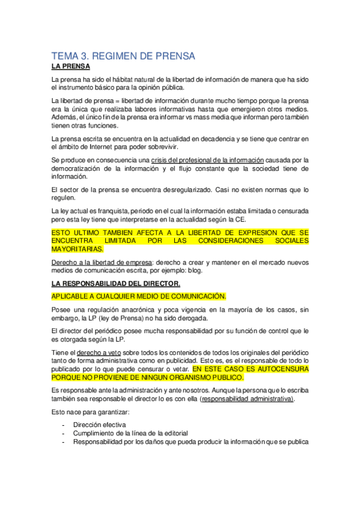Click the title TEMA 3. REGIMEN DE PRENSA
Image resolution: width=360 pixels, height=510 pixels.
click(x=123, y=57)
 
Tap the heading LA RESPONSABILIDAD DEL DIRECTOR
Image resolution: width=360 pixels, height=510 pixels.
click(x=116, y=283)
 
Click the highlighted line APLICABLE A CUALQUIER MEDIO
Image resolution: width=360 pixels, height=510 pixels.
click(x=139, y=296)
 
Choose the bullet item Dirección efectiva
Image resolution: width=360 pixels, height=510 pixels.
click(x=100, y=424)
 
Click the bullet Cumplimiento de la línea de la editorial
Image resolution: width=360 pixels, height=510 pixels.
click(x=131, y=432)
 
